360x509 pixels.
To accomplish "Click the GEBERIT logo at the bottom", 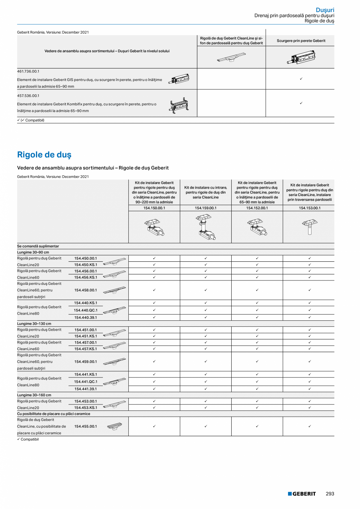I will click(302, 494).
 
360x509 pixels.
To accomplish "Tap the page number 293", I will click(330, 494).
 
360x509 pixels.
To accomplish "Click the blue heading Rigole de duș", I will click(44, 155).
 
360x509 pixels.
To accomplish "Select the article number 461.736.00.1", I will click(29, 72).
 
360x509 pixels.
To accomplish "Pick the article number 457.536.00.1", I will click(29, 95).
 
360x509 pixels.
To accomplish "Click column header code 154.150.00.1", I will click(154, 208).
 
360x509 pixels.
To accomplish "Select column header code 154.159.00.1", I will click(205, 208).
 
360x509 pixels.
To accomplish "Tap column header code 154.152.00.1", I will click(257, 208).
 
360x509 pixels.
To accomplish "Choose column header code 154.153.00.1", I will click(309, 208).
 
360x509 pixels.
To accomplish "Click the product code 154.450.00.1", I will click(85, 258).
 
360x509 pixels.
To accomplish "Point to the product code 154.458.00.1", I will click(85, 290).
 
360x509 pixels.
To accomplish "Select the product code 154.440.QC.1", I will click(85, 310).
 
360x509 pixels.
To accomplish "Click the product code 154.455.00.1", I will click(85, 426).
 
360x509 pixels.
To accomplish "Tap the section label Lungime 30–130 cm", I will click(34, 324).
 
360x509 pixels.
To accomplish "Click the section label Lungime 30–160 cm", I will click(34, 395).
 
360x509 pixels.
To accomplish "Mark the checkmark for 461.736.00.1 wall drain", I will click(301, 79).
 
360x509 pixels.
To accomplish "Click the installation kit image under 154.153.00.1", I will click(309, 227).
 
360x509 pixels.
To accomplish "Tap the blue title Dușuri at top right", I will click(325, 9).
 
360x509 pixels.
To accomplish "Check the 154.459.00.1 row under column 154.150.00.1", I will click(154, 362).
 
